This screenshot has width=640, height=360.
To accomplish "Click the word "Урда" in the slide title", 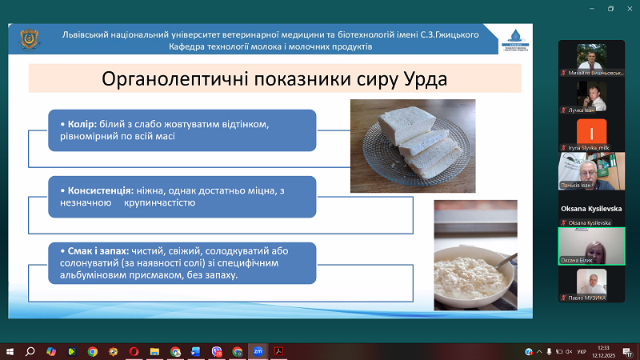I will click(419, 80).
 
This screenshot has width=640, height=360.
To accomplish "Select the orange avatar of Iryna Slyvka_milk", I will click(590, 131).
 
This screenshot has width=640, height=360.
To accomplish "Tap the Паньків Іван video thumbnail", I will click(590, 169).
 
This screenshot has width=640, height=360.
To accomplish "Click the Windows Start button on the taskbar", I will click(10, 351).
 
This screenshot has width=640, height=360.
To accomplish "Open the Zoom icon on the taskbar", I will click(258, 351).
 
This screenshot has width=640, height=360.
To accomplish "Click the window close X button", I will click(631, 9).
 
